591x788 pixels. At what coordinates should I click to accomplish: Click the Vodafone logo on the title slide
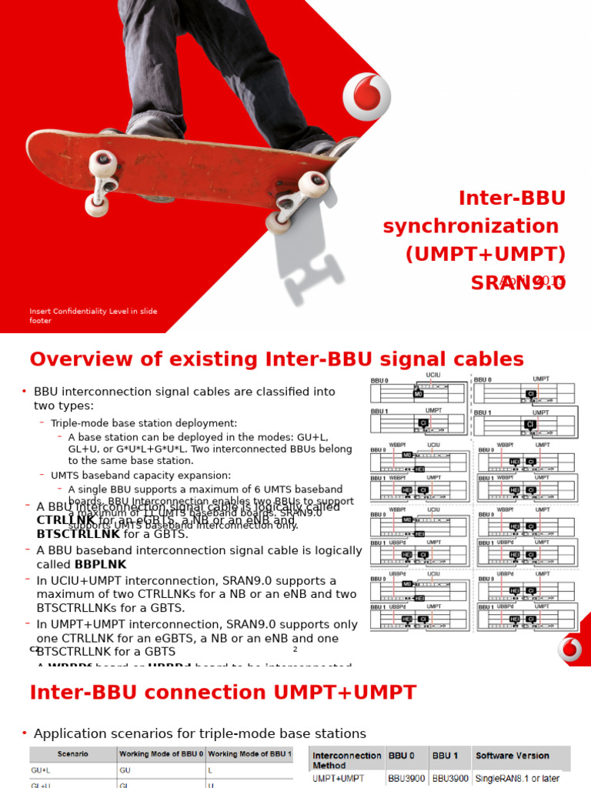coord(366,97)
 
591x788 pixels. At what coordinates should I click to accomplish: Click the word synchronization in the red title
coord(471,226)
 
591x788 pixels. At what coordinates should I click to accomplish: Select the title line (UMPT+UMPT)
coord(486,255)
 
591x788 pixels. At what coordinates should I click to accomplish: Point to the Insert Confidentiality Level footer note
coord(93,316)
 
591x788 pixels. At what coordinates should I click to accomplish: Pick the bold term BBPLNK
coord(100,564)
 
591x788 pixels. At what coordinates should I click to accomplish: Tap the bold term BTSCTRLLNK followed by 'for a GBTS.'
coord(78,533)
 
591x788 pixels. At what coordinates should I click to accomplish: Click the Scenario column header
coord(72,754)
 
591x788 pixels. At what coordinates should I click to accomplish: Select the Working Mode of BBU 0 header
coord(160,754)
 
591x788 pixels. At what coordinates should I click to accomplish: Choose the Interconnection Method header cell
coord(346,760)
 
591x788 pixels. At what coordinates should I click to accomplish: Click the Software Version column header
coord(513,756)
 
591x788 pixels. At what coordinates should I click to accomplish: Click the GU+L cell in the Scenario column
coord(42,769)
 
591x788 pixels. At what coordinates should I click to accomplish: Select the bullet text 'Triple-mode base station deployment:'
coord(144,423)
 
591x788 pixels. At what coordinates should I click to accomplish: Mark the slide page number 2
coord(295,649)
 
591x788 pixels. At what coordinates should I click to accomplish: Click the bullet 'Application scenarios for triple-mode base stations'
coord(200,733)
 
